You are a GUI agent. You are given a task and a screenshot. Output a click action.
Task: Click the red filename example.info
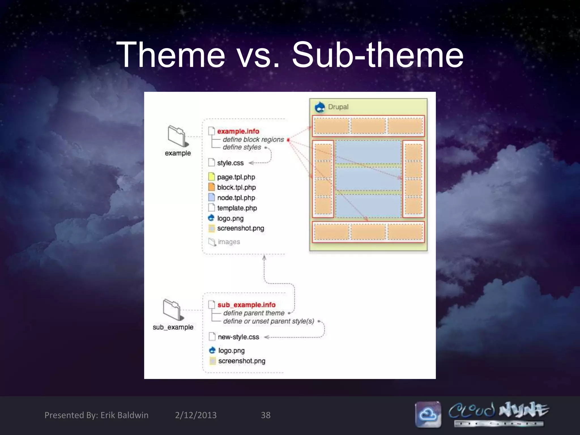coord(238,131)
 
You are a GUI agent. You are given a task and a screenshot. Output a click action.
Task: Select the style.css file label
coord(230,163)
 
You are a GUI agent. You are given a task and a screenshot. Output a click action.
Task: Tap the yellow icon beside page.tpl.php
coord(212,177)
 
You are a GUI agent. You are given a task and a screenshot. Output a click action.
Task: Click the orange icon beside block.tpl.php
coord(212,187)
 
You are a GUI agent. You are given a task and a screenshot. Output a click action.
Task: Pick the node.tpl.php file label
coord(236,198)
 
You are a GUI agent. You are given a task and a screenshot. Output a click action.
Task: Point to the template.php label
coord(237,208)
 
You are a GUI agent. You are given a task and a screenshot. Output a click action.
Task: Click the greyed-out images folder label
coord(229,242)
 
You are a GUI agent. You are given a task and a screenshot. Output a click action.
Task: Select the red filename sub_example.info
coord(246,305)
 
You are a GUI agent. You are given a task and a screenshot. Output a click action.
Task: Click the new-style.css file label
coord(238,337)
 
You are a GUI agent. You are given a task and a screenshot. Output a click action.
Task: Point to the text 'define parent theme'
coord(254,313)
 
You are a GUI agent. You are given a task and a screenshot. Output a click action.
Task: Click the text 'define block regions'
coord(253,140)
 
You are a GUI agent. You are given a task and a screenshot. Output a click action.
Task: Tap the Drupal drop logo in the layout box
coord(320,107)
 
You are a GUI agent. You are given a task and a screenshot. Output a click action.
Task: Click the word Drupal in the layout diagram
coord(338,107)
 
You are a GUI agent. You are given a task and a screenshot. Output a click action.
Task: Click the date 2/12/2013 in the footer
coord(196,415)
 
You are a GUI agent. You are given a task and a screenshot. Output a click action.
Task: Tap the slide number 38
coord(266,415)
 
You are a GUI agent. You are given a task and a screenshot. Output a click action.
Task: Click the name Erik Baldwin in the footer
coord(124,415)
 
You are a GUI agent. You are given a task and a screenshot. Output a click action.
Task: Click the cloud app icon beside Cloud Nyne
coord(428,414)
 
